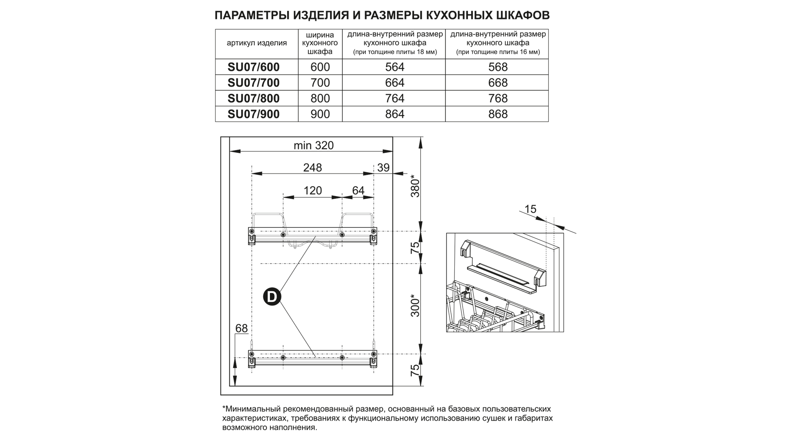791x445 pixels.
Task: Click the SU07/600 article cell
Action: (x=253, y=67)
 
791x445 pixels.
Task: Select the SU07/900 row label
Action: (x=253, y=114)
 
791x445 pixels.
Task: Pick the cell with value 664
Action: (x=394, y=83)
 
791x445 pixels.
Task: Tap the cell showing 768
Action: (x=498, y=98)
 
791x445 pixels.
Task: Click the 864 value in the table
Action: (x=394, y=114)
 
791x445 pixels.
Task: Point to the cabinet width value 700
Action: (x=320, y=83)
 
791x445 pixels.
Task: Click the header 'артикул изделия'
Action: (x=256, y=43)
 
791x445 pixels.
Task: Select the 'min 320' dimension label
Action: (x=313, y=145)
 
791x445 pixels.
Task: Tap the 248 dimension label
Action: (x=312, y=168)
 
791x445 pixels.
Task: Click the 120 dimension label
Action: (x=312, y=191)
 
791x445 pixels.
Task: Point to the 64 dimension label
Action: (x=358, y=191)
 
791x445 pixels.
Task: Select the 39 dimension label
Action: (x=383, y=168)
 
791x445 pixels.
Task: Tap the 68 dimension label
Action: (x=241, y=328)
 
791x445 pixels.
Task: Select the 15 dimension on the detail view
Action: (x=531, y=209)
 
